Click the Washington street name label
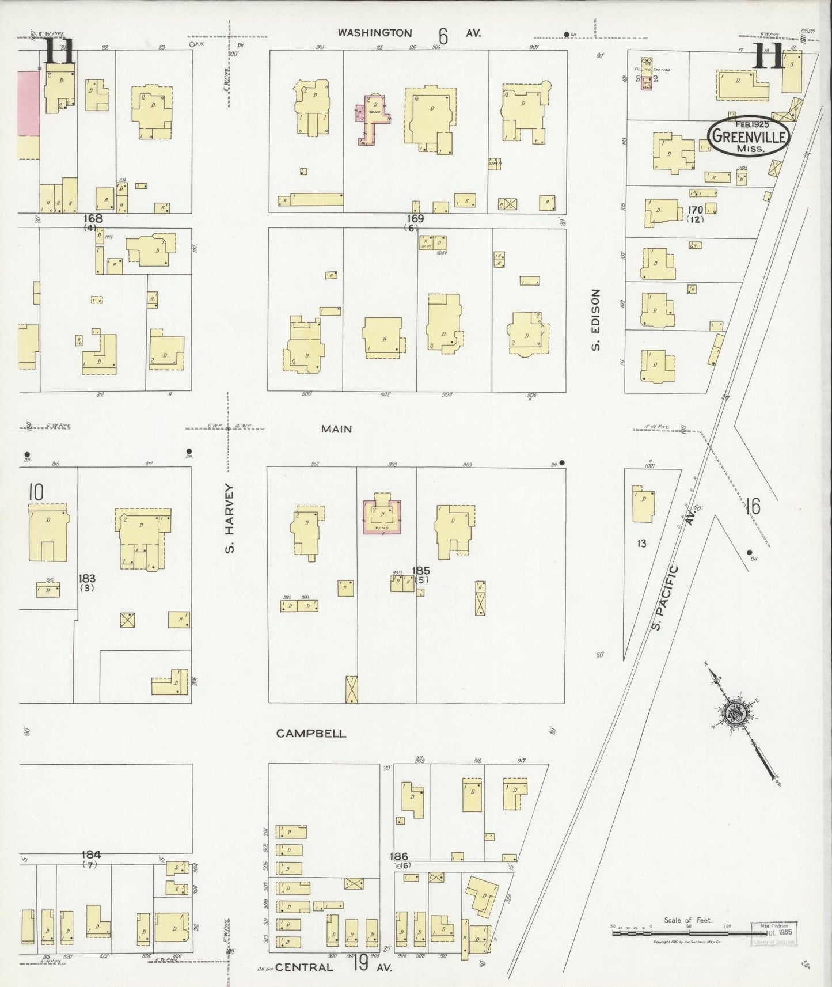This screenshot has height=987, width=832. pyautogui.click(x=374, y=33)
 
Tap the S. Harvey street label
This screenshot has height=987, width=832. pyautogui.click(x=230, y=518)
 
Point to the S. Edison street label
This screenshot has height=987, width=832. pyautogui.click(x=596, y=320)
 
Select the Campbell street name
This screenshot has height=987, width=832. pyautogui.click(x=311, y=734)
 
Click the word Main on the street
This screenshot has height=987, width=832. pyautogui.click(x=337, y=429)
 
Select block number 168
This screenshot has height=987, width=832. pyautogui.click(x=93, y=219)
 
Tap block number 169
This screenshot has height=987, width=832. pyautogui.click(x=415, y=219)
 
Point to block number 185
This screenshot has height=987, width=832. pyautogui.click(x=421, y=571)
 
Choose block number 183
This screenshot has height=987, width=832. pyautogui.click(x=88, y=579)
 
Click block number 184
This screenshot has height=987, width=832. pyautogui.click(x=91, y=855)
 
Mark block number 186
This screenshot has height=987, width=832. pyautogui.click(x=398, y=857)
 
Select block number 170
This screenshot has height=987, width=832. pyautogui.click(x=695, y=210)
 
